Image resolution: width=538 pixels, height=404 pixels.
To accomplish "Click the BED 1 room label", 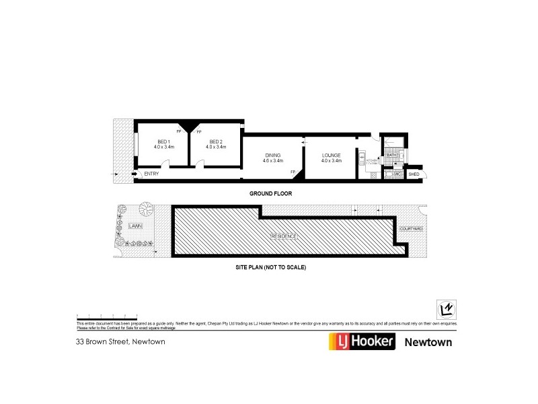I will [x=164, y=141].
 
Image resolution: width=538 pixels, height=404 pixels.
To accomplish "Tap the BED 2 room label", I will [x=216, y=141].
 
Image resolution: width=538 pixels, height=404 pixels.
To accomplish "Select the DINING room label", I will [x=273, y=156].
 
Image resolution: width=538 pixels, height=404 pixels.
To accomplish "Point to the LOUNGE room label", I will [x=332, y=156].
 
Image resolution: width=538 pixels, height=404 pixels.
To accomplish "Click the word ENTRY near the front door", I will [x=151, y=174].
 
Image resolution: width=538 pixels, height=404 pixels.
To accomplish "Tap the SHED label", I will [x=414, y=174].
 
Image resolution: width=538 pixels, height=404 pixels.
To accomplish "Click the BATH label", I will [x=392, y=156].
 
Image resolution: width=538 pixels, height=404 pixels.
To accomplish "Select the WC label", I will [x=397, y=174].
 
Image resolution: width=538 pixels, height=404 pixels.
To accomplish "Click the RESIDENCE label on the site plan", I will [x=284, y=236].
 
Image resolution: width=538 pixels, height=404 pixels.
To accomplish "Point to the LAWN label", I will [x=134, y=226].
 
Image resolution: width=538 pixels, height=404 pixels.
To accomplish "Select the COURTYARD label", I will [x=410, y=229].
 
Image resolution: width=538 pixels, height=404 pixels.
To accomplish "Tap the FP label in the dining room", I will [x=293, y=172].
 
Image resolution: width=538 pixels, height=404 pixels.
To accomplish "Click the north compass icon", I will [x=445, y=308].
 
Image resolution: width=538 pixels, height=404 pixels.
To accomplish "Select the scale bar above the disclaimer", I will [x=107, y=315].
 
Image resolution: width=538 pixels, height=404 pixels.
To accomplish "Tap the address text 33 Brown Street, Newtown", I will [x=120, y=341].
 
